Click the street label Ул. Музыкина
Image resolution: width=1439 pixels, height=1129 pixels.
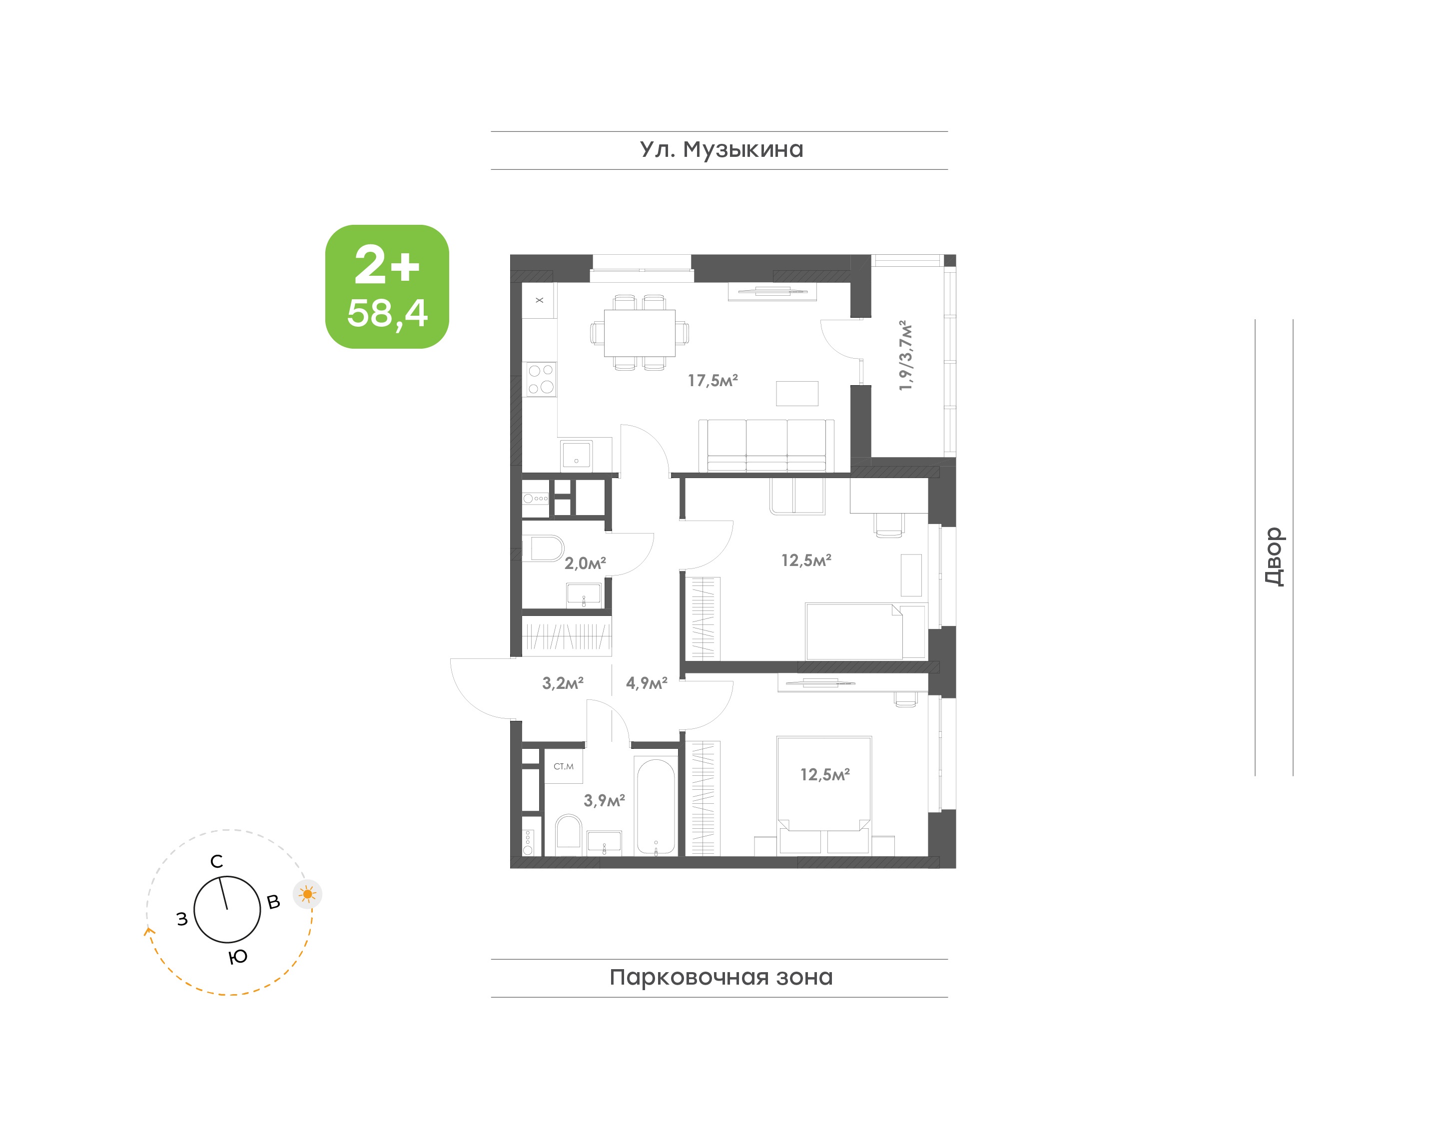(721, 150)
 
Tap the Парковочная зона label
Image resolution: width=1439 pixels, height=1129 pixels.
(721, 977)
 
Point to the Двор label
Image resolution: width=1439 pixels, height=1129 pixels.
(1274, 557)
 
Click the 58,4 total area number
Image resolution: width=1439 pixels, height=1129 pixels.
(387, 313)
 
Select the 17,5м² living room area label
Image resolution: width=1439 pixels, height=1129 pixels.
(713, 380)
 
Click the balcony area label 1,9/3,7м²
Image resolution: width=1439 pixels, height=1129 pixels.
(905, 356)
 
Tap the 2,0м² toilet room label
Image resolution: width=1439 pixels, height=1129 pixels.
(585, 563)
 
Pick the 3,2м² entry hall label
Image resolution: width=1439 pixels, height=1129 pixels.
(563, 683)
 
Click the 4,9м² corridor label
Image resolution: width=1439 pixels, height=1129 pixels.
(647, 683)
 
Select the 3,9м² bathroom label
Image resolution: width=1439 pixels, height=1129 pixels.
(604, 800)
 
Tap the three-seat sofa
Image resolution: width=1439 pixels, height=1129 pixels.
(766, 446)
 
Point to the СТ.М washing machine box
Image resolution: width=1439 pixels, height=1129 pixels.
(563, 766)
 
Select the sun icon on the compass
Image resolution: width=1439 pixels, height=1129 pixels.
(307, 894)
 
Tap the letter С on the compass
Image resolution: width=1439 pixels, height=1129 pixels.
(217, 861)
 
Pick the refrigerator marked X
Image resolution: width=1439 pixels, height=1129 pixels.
(540, 300)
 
